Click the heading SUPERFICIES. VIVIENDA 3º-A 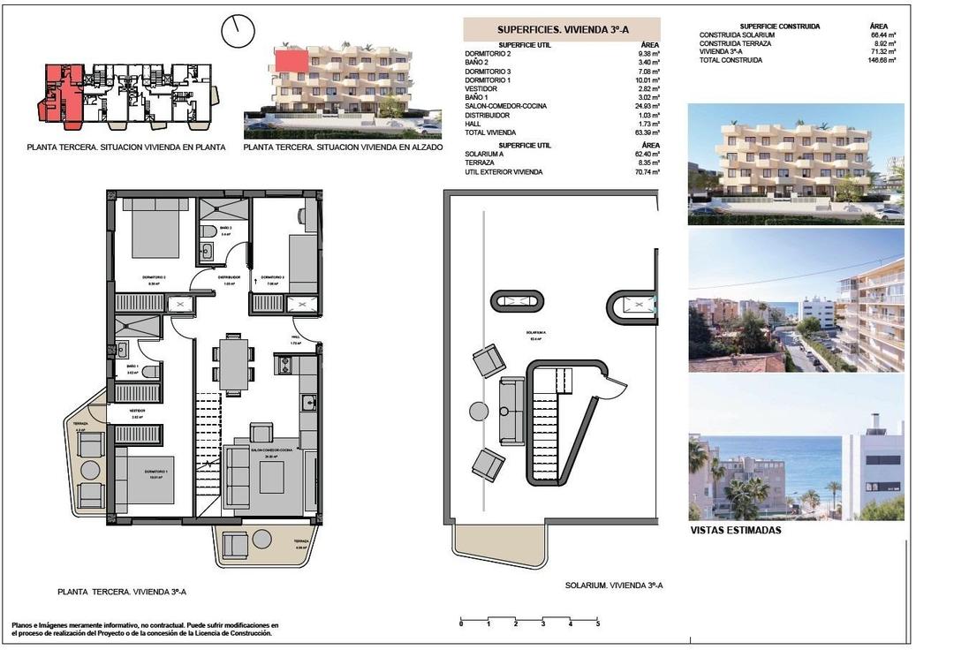pos(561,29)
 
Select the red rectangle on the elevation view pos(292,61)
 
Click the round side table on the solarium pos(478,411)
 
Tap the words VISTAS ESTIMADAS pos(735,531)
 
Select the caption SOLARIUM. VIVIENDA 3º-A pos(613,586)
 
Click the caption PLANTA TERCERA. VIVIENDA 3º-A pos(121,593)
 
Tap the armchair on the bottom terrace pos(236,547)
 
